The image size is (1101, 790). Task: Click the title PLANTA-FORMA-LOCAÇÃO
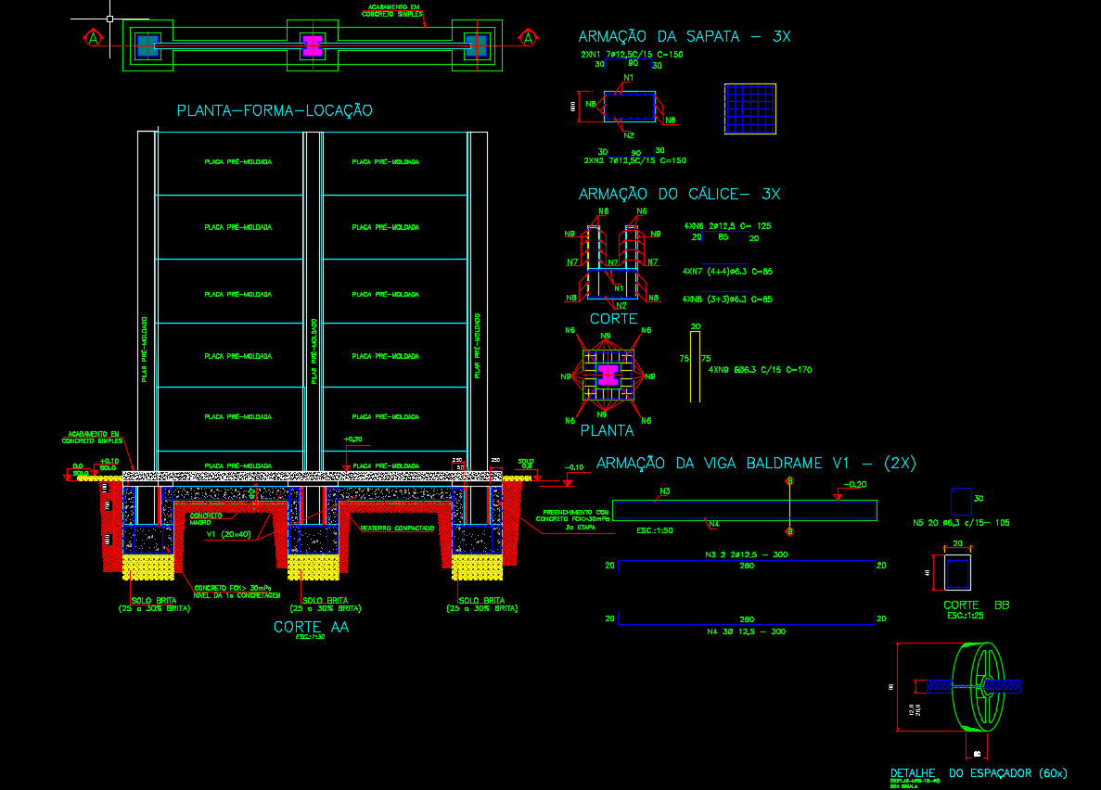(275, 111)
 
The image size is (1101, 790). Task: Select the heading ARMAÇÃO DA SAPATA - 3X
(684, 37)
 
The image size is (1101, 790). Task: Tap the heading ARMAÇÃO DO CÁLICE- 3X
(679, 195)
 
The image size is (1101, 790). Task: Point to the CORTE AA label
(311, 628)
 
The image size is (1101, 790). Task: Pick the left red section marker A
(93, 38)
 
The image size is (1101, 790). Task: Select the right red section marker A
(528, 38)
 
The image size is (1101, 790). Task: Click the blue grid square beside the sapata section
(749, 108)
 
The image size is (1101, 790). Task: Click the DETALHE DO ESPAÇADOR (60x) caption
(979, 772)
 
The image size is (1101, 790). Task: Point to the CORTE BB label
(976, 605)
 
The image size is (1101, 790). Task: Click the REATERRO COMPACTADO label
(397, 528)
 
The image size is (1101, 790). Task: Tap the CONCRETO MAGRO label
(206, 518)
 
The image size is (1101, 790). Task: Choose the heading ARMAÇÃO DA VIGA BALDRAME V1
(756, 464)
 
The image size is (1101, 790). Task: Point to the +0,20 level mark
(352, 440)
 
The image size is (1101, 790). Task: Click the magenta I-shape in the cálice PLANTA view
(608, 376)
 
